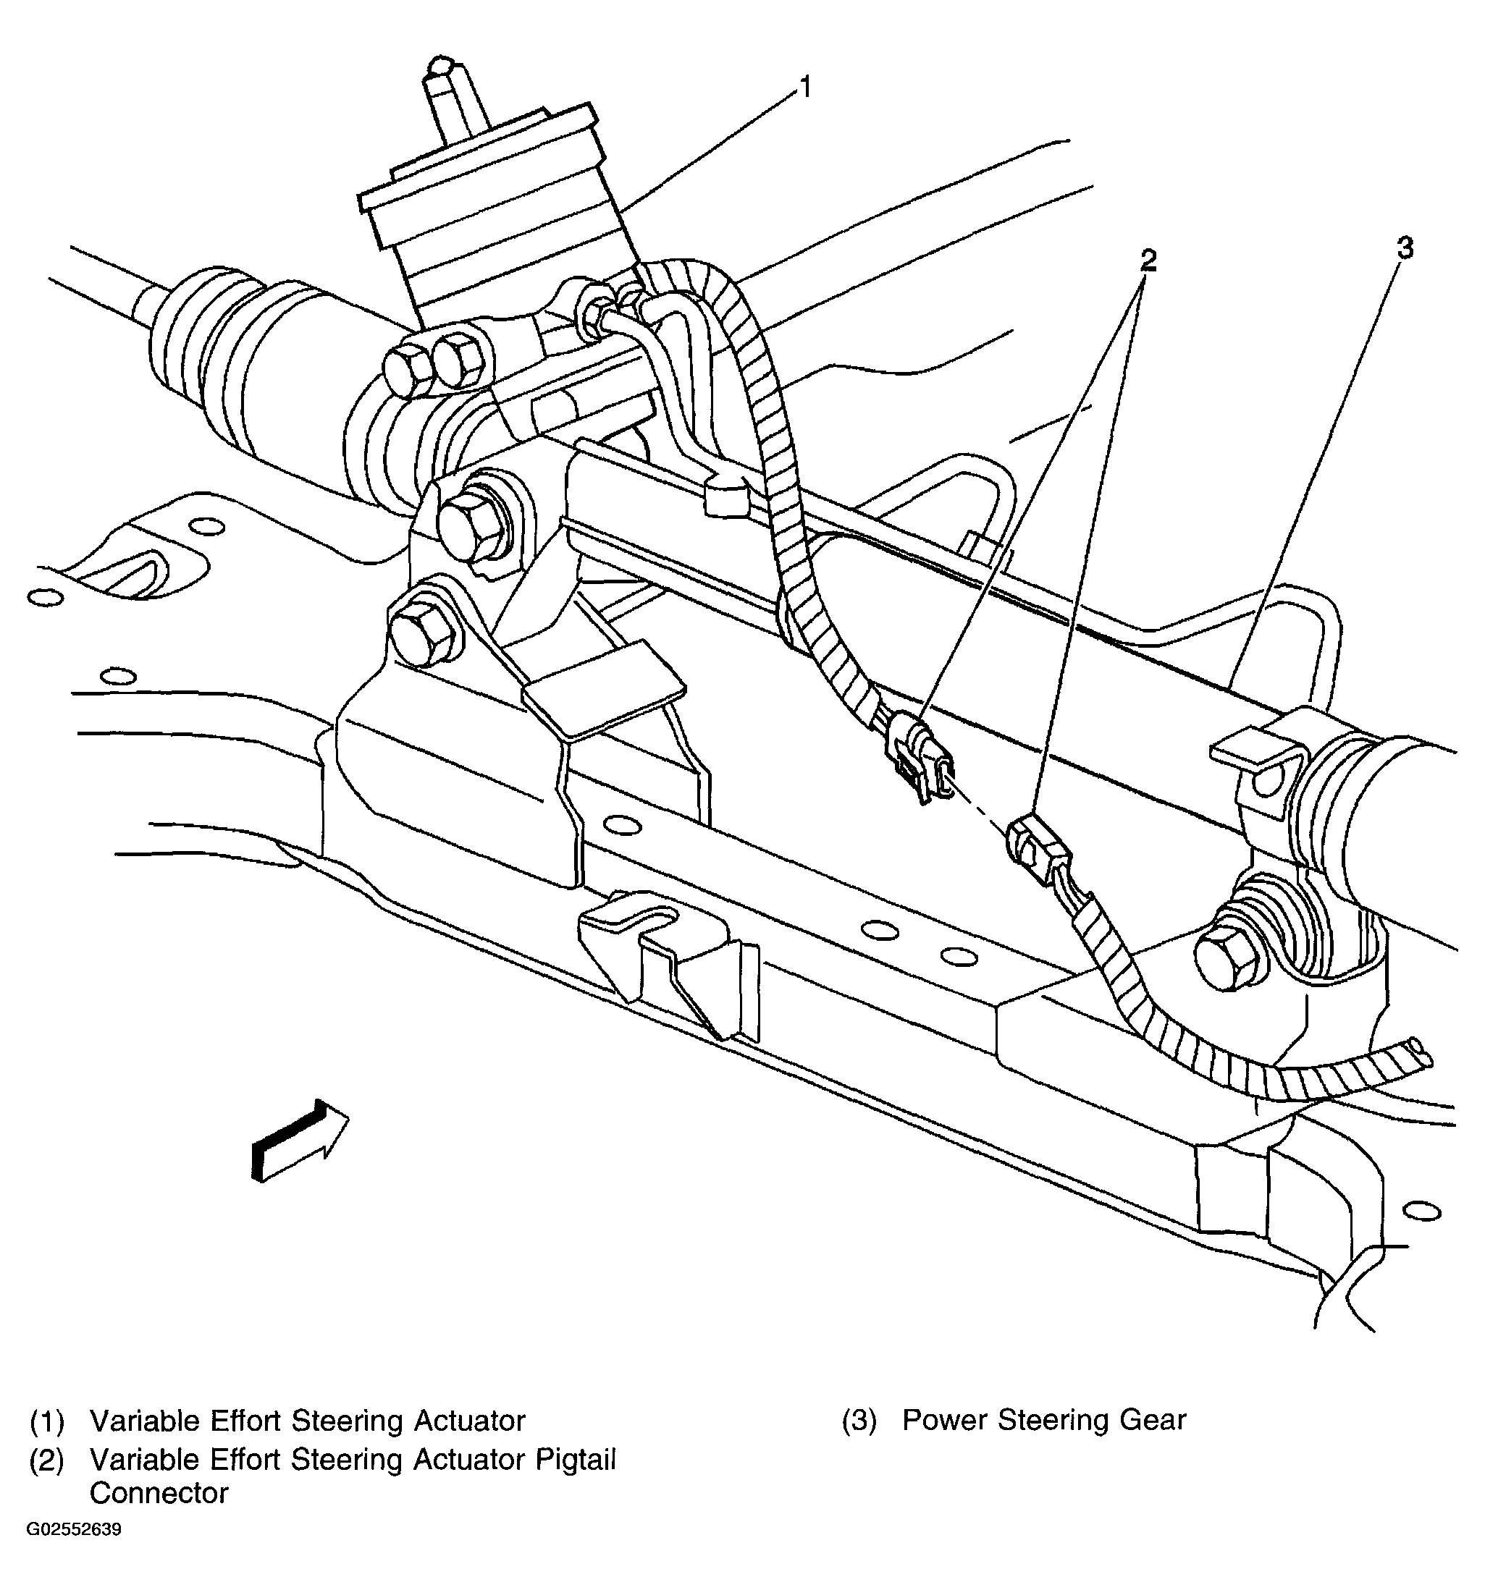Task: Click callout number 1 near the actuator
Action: pyautogui.click(x=806, y=86)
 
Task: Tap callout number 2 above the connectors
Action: pyautogui.click(x=1148, y=260)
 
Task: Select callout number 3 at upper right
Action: pyautogui.click(x=1404, y=248)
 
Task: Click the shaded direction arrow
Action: pyautogui.click(x=300, y=1139)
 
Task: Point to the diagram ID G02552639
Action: pyautogui.click(x=74, y=1530)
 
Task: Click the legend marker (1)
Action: pyautogui.click(x=46, y=1421)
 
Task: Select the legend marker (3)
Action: pyautogui.click(x=859, y=1421)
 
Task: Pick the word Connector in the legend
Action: pyautogui.click(x=159, y=1492)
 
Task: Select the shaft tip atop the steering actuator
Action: pyautogui.click(x=441, y=67)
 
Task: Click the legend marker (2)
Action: pyautogui.click(x=46, y=1460)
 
